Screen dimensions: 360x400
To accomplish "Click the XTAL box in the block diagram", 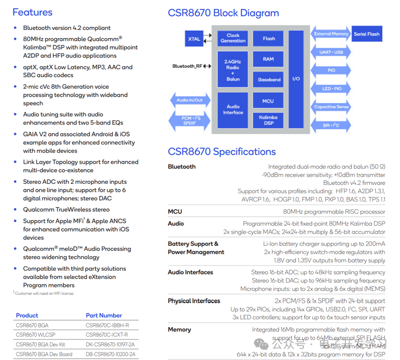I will tap(194, 38).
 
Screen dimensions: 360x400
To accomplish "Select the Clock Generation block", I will tap(233, 38).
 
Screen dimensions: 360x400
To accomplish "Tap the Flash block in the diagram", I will tap(269, 38).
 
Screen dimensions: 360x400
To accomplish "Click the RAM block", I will tap(269, 59).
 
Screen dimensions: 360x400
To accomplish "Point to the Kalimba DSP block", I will tap(269, 120).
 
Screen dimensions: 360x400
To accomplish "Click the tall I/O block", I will tap(296, 79).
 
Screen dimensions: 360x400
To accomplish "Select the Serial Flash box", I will tap(367, 34).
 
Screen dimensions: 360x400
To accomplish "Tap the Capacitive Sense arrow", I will tap(331, 107).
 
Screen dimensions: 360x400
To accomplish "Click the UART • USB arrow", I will tap(331, 52).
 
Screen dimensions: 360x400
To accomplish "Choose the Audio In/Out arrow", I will tap(190, 100).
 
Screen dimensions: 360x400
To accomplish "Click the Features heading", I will tap(32, 12).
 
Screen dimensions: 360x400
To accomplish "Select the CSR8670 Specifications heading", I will tap(222, 152).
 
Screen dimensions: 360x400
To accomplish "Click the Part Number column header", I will tap(104, 315).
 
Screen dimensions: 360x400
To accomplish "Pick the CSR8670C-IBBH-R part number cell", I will tap(107, 325).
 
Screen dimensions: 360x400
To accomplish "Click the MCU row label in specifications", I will tap(175, 212).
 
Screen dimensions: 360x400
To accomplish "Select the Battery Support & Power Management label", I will tap(196, 248).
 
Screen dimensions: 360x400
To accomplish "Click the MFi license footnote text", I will tap(43, 293).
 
